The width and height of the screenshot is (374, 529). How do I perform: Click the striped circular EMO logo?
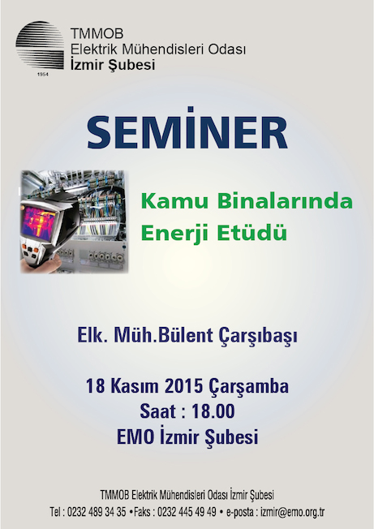40,45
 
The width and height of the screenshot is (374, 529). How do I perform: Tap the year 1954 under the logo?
42,74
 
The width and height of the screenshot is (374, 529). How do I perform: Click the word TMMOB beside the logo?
97,34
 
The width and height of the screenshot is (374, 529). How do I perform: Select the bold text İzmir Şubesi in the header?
113,64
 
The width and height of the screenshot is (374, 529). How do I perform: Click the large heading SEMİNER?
187,131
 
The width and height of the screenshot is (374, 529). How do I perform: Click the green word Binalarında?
285,201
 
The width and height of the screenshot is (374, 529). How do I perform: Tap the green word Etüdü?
252,233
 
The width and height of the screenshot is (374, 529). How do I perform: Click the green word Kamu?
175,202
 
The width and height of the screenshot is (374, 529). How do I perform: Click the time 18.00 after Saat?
213,411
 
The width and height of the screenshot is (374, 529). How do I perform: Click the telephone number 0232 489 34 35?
97,512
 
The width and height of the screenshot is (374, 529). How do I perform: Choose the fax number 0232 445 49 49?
187,512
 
